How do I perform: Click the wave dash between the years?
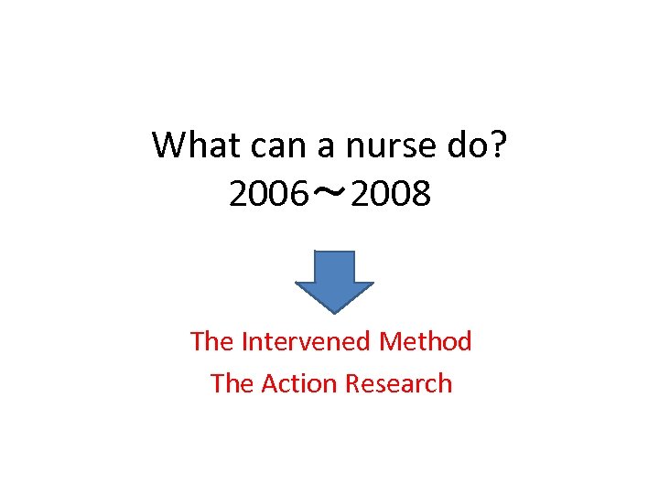329,193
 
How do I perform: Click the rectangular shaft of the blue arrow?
333,267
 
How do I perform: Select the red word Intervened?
307,342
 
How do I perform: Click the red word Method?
426,342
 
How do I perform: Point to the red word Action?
297,383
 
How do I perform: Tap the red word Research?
397,383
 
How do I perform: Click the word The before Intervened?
211,342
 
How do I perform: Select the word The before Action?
232,383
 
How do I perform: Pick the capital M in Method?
390,342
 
